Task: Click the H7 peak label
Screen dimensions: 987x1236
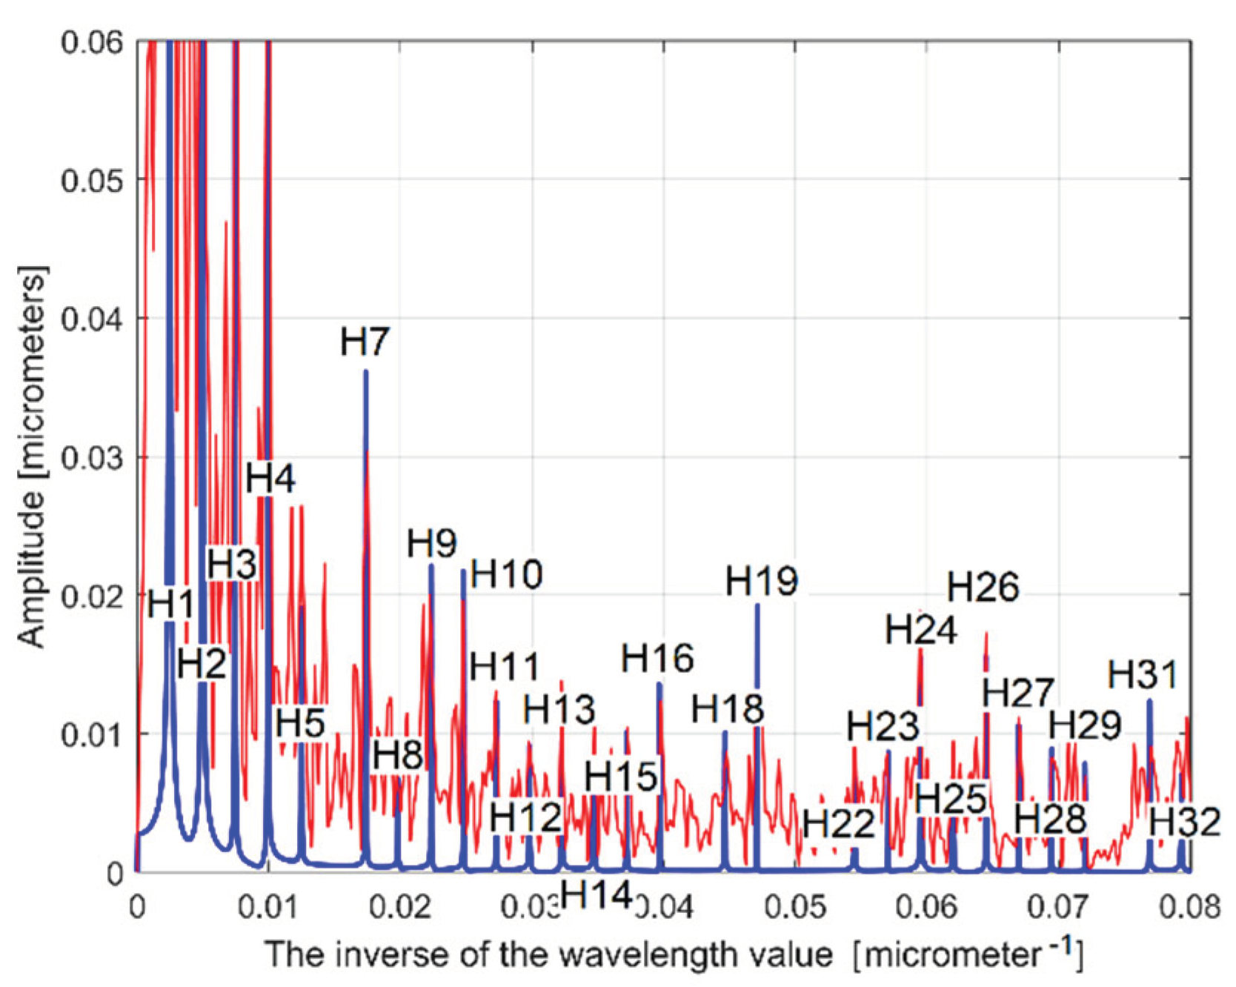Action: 365,342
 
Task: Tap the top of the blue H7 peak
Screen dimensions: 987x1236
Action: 365,372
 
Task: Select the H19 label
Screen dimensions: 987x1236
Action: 761,581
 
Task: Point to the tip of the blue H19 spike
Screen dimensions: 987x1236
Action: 757,605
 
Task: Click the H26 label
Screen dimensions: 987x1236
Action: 983,588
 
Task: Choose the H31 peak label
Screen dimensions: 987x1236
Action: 1143,675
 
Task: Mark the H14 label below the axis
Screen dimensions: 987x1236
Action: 596,895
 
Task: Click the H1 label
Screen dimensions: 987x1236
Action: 170,604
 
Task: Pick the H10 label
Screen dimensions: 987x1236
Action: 507,574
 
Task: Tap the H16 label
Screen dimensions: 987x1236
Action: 657,658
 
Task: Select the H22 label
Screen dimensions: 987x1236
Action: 839,824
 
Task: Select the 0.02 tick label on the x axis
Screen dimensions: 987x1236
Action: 400,907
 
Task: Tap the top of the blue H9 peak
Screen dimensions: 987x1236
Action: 431,566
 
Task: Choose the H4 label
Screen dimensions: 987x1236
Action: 270,479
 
